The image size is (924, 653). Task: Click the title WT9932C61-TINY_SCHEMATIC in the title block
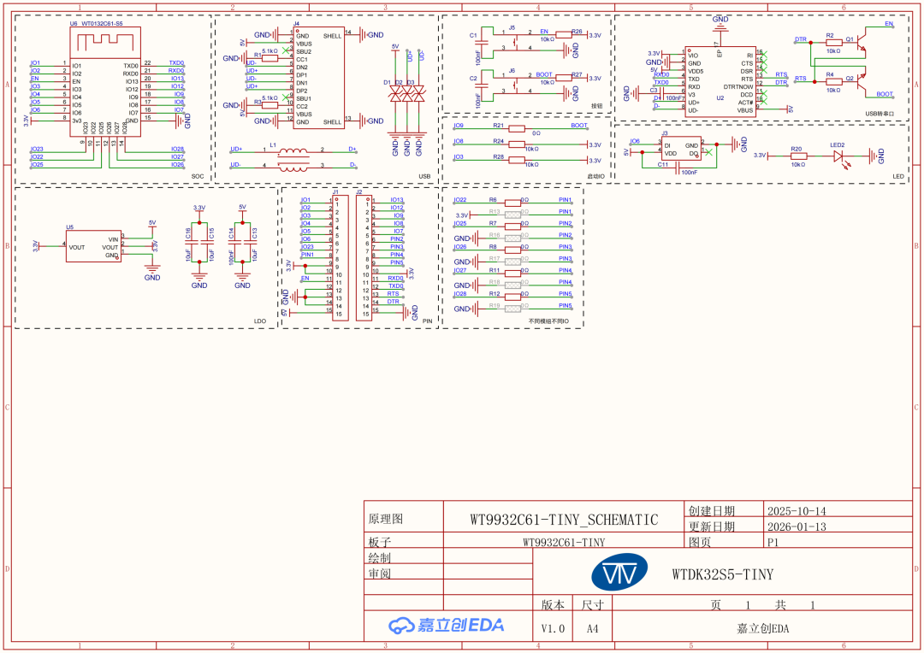564,520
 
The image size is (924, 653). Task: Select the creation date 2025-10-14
797,511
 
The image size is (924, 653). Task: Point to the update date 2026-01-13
797,527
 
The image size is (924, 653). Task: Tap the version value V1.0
553,628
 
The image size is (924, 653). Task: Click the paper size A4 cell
593,628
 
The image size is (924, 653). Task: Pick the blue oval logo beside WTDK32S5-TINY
628,574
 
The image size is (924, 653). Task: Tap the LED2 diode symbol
838,156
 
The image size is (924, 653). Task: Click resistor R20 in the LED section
797,156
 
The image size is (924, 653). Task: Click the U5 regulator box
93,246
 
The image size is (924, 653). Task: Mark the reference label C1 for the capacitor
473,35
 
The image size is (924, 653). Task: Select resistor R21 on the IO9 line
516,128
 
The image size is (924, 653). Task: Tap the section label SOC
198,176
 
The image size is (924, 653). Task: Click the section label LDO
260,321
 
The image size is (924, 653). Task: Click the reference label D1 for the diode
387,83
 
